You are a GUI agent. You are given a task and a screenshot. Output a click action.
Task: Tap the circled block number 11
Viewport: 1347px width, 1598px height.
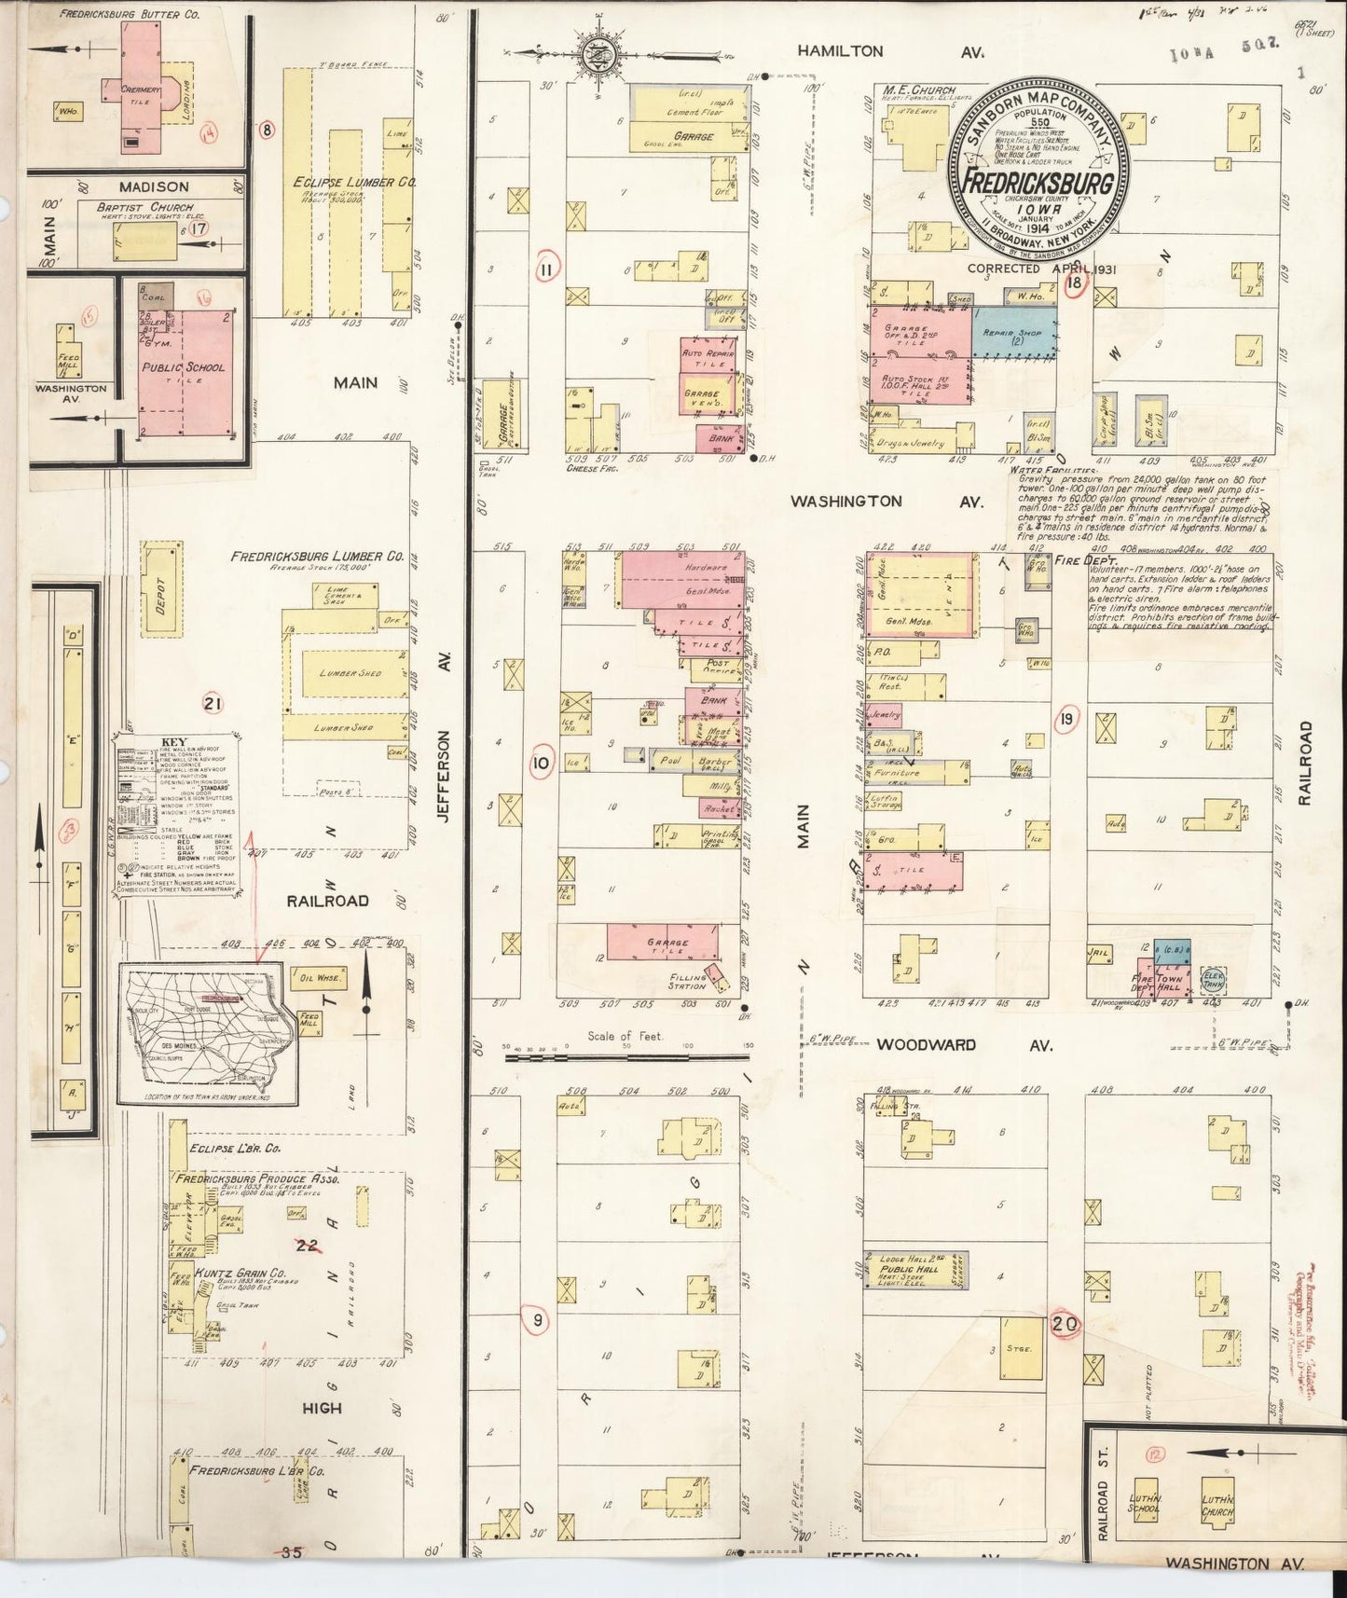546,269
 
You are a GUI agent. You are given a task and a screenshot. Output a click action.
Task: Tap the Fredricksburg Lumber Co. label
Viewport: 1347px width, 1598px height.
317,557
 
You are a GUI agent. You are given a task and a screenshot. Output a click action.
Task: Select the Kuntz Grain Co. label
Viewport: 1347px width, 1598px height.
240,1274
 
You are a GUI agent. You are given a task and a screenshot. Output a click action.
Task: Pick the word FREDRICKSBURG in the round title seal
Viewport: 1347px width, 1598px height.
1037,183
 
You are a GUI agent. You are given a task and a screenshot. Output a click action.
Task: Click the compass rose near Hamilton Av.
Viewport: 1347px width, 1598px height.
595,55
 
